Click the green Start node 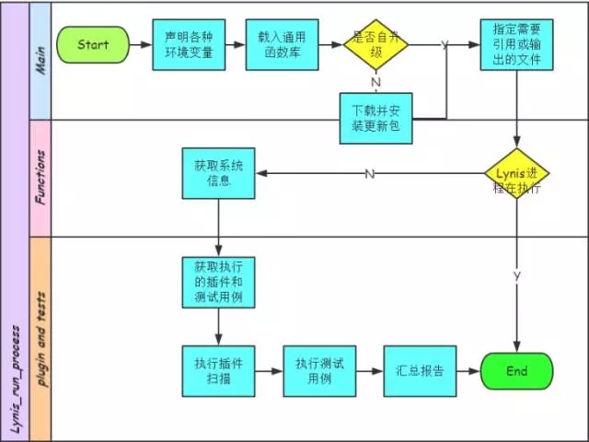tap(93, 44)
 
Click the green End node tap(516, 371)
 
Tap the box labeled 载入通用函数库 tap(282, 44)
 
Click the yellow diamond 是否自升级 tap(375, 43)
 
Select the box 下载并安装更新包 tap(375, 118)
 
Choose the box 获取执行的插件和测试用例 tap(218, 282)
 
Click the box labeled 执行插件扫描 tap(218, 371)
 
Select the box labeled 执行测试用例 tap(319, 371)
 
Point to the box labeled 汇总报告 tap(420, 371)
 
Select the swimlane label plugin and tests tap(40, 336)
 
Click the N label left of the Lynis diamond tap(369, 173)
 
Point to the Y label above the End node tap(516, 275)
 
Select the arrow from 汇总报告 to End tap(468, 371)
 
